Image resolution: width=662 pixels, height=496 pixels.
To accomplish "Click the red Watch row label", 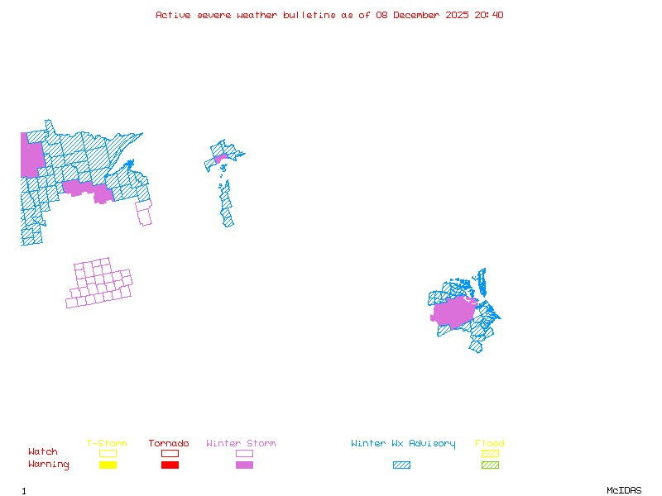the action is [x=43, y=452].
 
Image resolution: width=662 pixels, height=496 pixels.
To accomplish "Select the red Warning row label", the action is [x=48, y=465].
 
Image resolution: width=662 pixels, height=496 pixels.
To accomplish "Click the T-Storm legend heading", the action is [x=107, y=443].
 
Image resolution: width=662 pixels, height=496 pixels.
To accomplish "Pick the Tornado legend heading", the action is [x=169, y=443].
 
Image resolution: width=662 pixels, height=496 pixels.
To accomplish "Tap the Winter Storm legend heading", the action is [x=241, y=443].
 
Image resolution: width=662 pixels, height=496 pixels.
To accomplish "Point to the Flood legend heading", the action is [x=490, y=443].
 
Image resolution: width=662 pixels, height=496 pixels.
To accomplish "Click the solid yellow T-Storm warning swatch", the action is [x=108, y=465].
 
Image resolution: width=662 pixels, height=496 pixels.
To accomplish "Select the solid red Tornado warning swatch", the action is [x=170, y=465].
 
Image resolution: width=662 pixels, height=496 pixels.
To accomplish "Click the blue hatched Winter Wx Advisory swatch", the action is [x=401, y=465].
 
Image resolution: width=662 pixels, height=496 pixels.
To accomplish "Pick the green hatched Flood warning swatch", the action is [x=490, y=465].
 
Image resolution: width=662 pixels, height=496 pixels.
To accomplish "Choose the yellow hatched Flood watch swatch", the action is [x=490, y=453].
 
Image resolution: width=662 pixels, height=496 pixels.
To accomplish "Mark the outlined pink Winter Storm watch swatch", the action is [x=244, y=453].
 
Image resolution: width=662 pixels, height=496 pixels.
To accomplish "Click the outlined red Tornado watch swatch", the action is [x=170, y=453].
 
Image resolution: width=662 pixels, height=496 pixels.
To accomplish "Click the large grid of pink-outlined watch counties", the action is [x=100, y=284].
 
